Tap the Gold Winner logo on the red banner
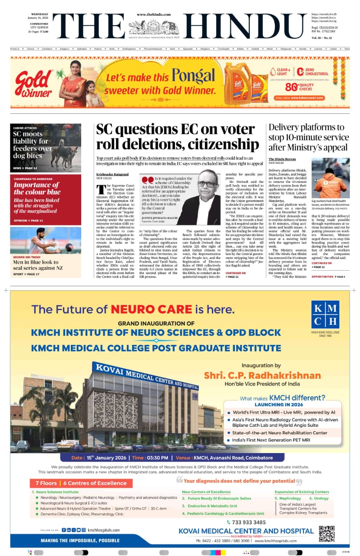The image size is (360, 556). pos(34,84)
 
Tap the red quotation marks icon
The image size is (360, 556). pos(147,180)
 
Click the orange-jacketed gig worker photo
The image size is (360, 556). pos(330,178)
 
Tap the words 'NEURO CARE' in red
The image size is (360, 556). pos(151,309)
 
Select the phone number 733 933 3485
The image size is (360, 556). pos(249,522)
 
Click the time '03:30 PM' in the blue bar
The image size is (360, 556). pos(158,458)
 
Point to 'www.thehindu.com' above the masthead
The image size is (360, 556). pos(153,14)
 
